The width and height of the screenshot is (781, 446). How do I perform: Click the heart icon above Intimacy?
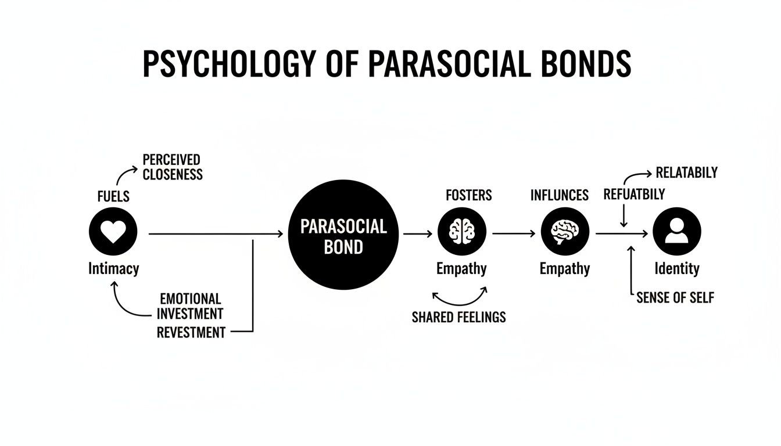113,233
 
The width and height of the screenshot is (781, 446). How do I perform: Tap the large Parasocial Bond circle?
343,235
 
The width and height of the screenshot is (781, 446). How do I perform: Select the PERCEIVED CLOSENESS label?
172,167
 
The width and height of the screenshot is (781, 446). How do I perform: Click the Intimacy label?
113,269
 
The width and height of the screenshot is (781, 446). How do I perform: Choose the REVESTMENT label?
191,332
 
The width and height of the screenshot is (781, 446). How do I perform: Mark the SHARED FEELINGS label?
458,317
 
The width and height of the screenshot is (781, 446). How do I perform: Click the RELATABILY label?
686,172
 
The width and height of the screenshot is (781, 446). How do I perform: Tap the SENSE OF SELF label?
675,298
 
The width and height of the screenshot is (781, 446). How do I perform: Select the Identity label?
676,269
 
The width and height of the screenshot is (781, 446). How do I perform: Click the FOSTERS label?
468,196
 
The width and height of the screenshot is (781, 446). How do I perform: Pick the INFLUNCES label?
559,196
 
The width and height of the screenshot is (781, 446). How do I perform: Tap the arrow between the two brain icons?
514,233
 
